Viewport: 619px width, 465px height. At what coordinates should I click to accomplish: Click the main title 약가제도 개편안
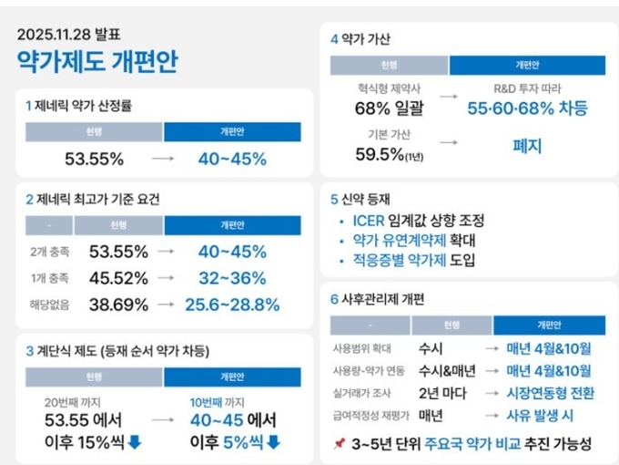pyautogui.click(x=97, y=61)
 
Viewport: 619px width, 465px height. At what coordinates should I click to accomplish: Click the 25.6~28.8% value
pyautogui.click(x=233, y=304)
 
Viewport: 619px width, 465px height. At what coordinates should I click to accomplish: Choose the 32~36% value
pyautogui.click(x=233, y=278)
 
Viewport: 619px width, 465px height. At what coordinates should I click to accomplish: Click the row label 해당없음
pyautogui.click(x=46, y=304)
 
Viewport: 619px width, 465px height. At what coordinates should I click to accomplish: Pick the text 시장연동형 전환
pyautogui.click(x=550, y=393)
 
